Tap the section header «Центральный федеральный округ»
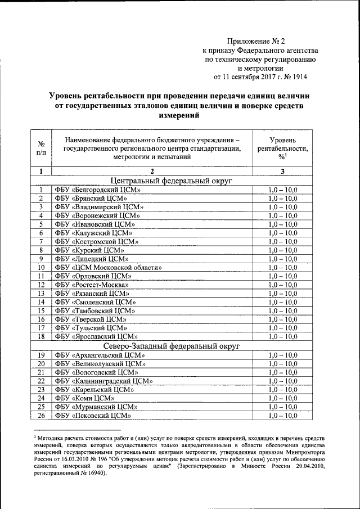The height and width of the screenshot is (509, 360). [172, 181]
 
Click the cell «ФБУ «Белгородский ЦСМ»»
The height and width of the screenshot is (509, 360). [97, 191]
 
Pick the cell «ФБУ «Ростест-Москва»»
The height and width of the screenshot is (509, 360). [92, 285]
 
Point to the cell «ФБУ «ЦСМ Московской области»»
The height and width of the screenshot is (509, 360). [109, 267]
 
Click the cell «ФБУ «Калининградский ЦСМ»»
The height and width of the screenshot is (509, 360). [104, 381]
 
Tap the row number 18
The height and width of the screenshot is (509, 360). [41, 336]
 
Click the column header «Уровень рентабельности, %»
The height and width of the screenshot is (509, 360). [282, 148]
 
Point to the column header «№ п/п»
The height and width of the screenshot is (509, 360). [41, 148]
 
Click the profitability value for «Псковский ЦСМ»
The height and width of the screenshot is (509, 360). [282, 416]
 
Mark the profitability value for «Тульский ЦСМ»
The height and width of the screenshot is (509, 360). [282, 327]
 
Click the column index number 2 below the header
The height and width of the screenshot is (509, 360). [152, 171]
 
